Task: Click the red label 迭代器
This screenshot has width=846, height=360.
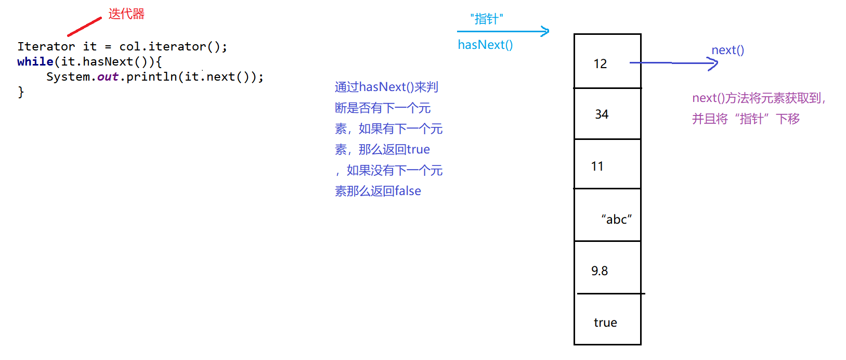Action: coord(126,14)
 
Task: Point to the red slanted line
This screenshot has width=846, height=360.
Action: coord(84,27)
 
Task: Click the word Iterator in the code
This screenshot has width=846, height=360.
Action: coord(46,47)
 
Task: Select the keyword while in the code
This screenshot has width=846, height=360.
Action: coord(35,62)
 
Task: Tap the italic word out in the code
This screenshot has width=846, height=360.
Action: coord(108,77)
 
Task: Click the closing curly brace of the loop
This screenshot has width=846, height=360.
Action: coord(21,92)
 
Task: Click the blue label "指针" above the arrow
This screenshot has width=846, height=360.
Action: coord(487,19)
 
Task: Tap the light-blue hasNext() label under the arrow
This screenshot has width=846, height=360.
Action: coord(485,45)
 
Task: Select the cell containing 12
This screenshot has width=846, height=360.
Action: coord(607,62)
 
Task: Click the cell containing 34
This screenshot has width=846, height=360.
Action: coord(607,114)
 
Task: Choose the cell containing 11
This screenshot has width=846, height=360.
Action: coord(607,164)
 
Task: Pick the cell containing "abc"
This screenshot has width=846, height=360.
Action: coord(607,215)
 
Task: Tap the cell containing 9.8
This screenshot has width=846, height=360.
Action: coord(607,268)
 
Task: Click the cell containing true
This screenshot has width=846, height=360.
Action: coord(607,319)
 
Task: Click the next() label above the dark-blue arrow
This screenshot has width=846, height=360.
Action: coord(727,50)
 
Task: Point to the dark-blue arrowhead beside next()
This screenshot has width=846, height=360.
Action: coord(715,63)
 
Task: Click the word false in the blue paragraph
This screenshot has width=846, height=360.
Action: coord(408,191)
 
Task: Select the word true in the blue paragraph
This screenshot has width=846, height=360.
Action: coord(418,150)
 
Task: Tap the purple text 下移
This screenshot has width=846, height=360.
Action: coord(788,119)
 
